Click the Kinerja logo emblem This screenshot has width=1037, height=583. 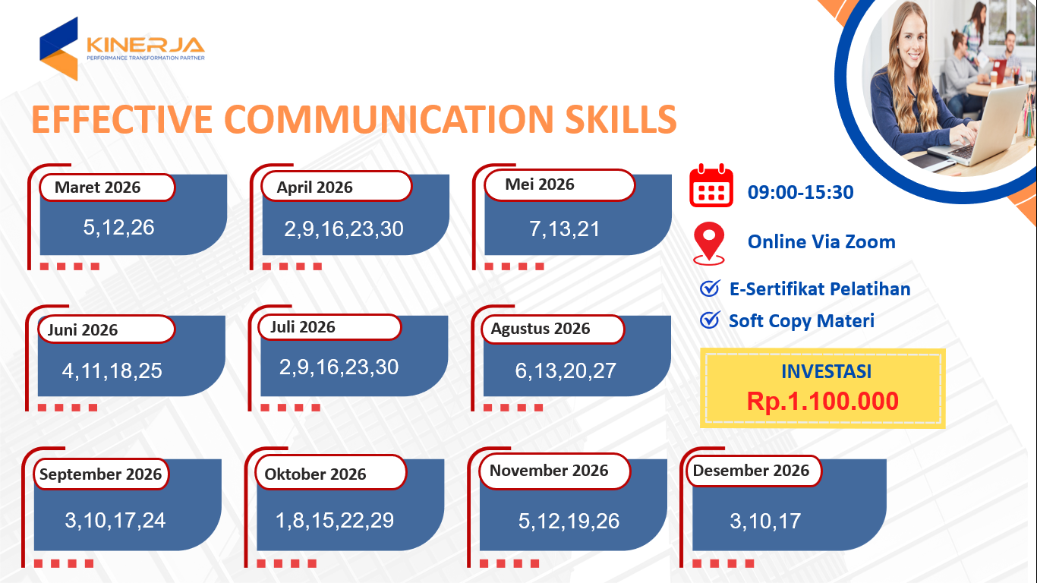(x=58, y=49)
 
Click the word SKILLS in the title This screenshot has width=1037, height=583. (x=621, y=119)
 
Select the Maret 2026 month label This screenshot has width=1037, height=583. (x=97, y=187)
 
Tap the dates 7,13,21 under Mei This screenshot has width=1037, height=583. (x=564, y=228)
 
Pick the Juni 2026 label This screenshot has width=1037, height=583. (x=83, y=329)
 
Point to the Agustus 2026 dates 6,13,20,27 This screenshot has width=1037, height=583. (x=566, y=370)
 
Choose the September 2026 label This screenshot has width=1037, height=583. (x=100, y=474)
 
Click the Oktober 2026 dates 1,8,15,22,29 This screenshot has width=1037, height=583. (x=335, y=521)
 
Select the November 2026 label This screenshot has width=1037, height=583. (x=549, y=471)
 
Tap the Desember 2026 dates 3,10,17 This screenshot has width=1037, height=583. (x=765, y=521)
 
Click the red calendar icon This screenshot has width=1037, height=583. (x=711, y=185)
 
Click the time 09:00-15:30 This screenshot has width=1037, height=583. (x=800, y=192)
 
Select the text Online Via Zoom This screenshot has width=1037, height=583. (x=821, y=241)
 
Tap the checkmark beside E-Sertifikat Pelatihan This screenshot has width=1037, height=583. (x=710, y=288)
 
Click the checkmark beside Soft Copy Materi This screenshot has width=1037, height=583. (x=710, y=320)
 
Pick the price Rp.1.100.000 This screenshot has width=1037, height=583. (x=823, y=401)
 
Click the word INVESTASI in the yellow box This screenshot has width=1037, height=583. (x=827, y=371)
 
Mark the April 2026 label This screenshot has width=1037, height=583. (x=315, y=187)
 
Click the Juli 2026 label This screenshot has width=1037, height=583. (x=303, y=327)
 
